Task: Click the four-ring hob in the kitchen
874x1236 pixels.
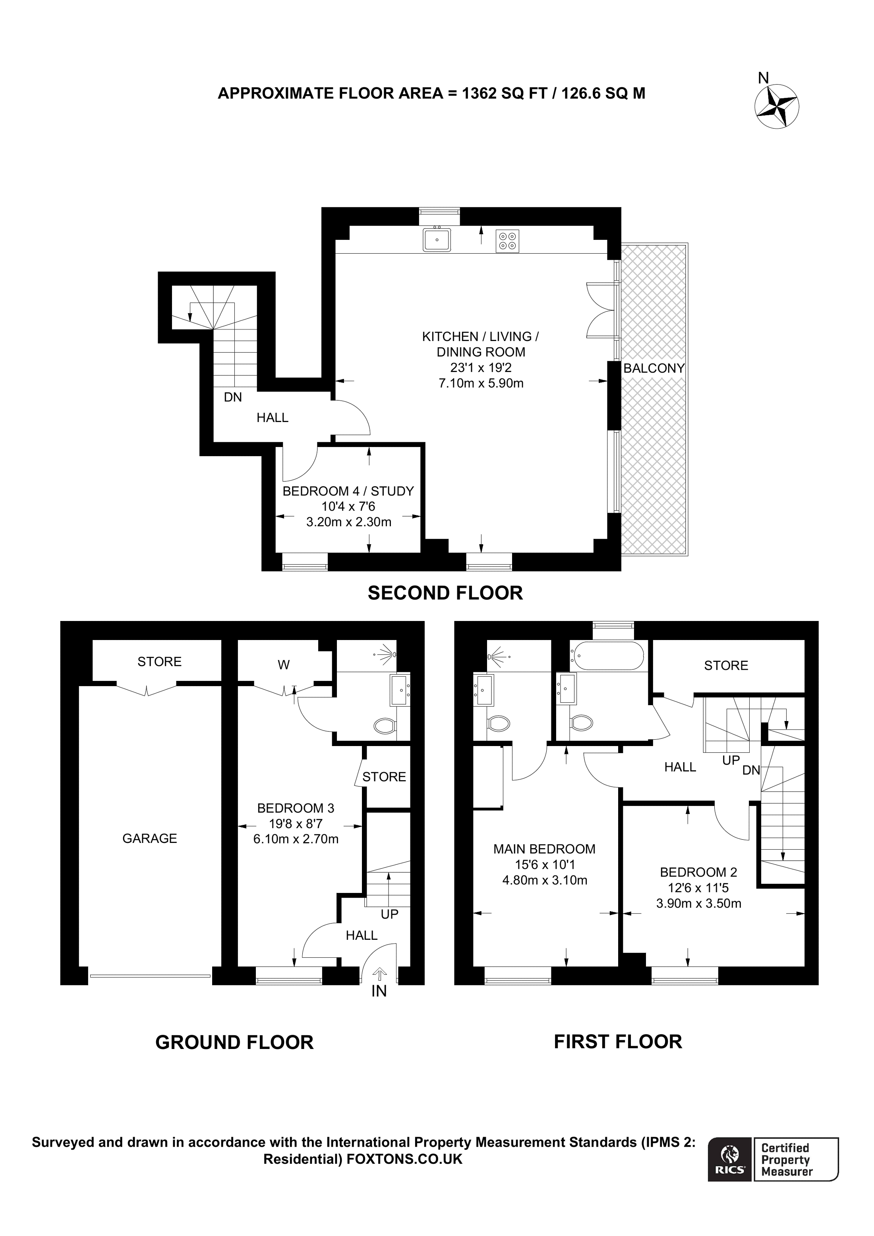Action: coord(507,241)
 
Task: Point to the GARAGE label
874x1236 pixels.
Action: coord(150,838)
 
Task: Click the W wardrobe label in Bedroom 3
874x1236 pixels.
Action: coord(283,665)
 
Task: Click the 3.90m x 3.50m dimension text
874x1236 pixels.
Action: coord(698,903)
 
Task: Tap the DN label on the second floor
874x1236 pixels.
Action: coord(233,397)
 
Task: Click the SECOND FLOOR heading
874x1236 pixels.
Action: coord(445,593)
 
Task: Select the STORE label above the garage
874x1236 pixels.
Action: coord(159,661)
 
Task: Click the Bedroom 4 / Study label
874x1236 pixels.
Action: coord(348,491)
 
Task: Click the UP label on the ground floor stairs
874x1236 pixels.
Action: coord(389,914)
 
